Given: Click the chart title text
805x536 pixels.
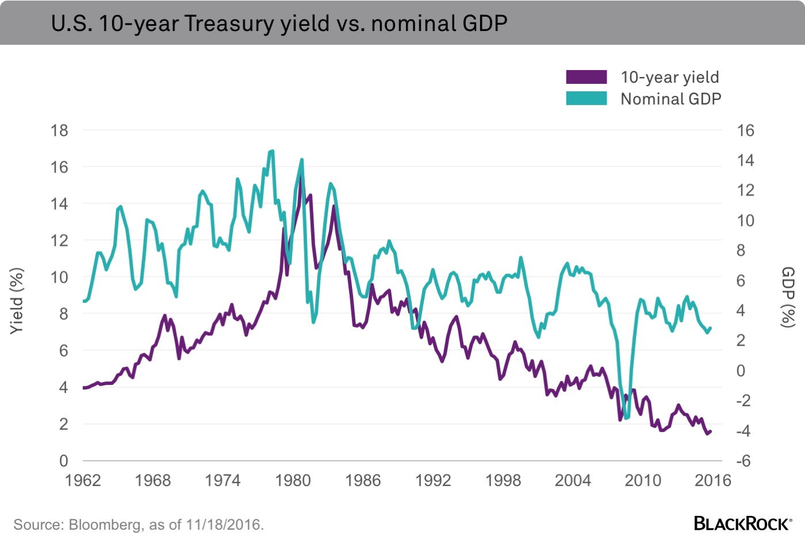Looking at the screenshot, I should tap(279, 24).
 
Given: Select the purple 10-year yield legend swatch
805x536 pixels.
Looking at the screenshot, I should tap(586, 77).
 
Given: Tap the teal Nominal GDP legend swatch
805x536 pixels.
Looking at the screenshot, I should tap(586, 98).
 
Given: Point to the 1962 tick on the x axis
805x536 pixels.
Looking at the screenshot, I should tap(83, 480).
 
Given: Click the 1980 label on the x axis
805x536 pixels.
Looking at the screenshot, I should tap(293, 480).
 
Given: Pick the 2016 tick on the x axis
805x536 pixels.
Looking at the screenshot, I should tap(712, 480).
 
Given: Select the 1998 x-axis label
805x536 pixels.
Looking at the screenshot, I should tap(503, 480).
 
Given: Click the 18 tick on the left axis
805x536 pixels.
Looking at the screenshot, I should tap(59, 130).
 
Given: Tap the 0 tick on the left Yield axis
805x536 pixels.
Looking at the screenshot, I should tap(63, 461).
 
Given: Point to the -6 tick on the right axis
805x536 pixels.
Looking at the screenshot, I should tap(744, 461).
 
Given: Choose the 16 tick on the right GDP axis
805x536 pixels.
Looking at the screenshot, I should tap(745, 130).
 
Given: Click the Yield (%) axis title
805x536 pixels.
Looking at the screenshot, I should tap(17, 300).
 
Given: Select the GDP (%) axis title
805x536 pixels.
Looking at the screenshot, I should tap(788, 297).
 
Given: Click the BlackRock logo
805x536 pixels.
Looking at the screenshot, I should tap(742, 523).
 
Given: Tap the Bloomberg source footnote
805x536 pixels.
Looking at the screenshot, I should tap(139, 525).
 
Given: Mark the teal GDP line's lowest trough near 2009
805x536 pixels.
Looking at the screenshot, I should tap(626, 418).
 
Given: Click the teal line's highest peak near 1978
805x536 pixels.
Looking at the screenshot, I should tap(271, 151).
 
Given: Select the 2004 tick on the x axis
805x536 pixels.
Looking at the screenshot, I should tap(573, 480).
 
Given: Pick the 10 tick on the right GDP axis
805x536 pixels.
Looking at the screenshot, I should tap(745, 221).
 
